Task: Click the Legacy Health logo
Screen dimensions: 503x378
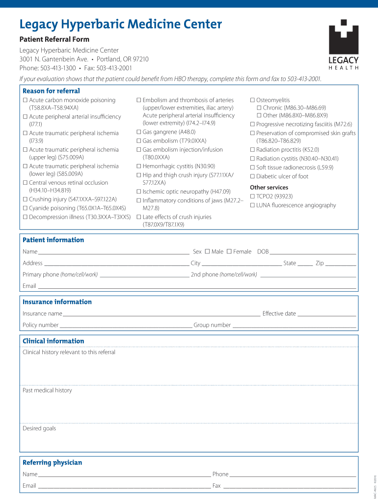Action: click(x=343, y=44)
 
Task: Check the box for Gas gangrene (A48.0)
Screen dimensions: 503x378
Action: click(x=139, y=132)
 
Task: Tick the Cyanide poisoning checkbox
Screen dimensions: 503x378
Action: click(x=25, y=208)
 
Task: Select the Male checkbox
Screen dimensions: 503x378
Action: click(x=207, y=251)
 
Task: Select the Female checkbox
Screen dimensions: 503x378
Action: click(x=229, y=251)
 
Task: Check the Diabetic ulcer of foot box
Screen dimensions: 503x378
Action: click(x=252, y=176)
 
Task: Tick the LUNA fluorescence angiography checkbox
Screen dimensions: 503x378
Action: click(x=252, y=205)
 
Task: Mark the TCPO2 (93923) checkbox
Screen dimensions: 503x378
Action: click(x=252, y=196)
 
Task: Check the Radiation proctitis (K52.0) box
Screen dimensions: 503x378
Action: click(x=252, y=150)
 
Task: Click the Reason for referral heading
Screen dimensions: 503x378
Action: click(x=51, y=91)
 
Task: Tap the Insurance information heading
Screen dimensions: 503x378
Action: click(x=57, y=302)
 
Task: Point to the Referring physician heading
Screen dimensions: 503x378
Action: click(x=52, y=462)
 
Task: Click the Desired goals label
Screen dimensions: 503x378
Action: click(x=39, y=428)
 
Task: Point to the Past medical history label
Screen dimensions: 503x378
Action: click(x=47, y=391)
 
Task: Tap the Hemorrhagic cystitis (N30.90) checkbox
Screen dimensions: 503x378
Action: click(x=139, y=167)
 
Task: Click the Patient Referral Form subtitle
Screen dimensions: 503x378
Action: click(x=54, y=39)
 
